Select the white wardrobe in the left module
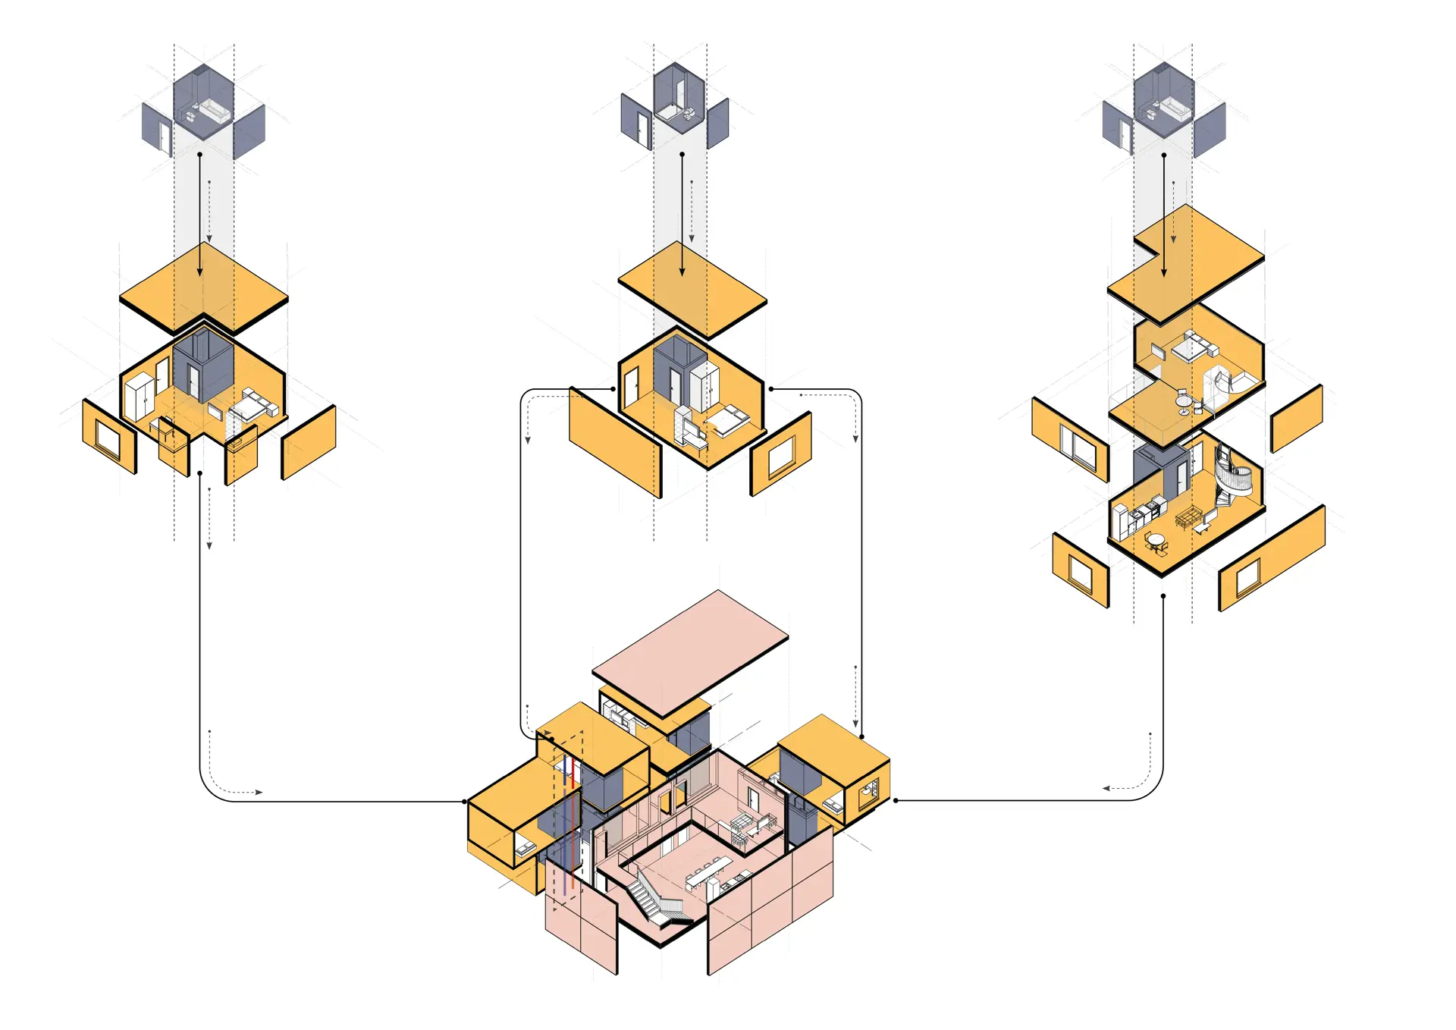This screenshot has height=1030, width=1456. pyautogui.click(x=138, y=397)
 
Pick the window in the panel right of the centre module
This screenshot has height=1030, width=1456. pyautogui.click(x=781, y=457)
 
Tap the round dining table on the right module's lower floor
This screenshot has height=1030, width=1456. pyautogui.click(x=1156, y=540)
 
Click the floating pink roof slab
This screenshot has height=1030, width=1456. pyautogui.click(x=690, y=652)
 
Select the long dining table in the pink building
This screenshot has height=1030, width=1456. pyautogui.click(x=709, y=872)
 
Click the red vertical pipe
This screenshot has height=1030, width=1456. pyautogui.click(x=573, y=819)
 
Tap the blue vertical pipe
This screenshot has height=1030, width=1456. pyautogui.click(x=564, y=819)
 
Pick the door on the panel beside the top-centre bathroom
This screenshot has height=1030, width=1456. pyautogui.click(x=643, y=130)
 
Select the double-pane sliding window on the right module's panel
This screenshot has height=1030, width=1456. pyautogui.click(x=1078, y=445)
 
